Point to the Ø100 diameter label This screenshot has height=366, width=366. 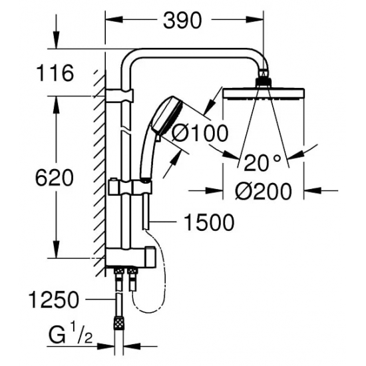199,133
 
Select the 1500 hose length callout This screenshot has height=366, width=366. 210,223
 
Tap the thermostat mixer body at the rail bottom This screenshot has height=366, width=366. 133,256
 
